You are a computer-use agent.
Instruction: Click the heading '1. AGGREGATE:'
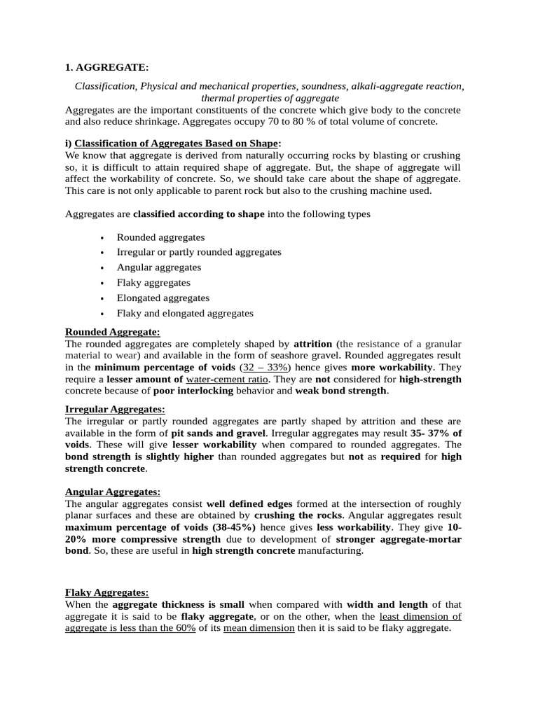106,67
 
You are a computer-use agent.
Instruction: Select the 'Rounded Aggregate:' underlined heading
112,331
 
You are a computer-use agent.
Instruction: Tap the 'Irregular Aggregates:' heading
115,409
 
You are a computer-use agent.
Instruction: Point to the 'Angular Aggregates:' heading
112,492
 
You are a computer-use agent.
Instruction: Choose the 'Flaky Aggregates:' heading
106,592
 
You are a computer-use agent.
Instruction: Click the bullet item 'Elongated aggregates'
163,298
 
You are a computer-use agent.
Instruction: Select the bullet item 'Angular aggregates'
158,267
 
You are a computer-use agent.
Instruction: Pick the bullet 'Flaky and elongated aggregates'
185,313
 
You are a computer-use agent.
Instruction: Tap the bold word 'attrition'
312,344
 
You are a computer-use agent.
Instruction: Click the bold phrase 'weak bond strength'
340,391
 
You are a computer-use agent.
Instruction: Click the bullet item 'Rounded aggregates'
160,237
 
